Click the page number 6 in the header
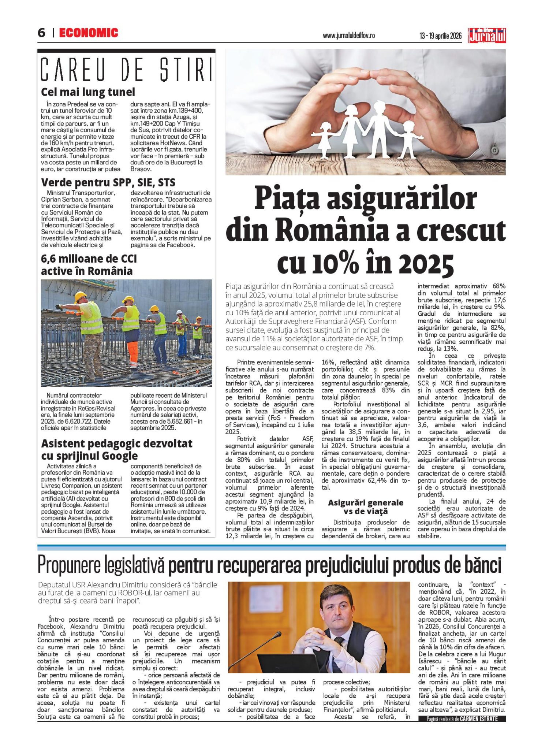point(41,33)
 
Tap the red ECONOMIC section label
point(89,33)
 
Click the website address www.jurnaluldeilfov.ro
point(348,36)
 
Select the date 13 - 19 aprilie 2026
point(440,36)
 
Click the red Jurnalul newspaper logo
point(486,36)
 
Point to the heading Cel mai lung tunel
point(88,92)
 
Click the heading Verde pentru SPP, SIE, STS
point(108,182)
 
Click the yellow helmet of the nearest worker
point(80,296)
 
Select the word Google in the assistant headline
point(119,456)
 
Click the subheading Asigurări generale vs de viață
point(365,507)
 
